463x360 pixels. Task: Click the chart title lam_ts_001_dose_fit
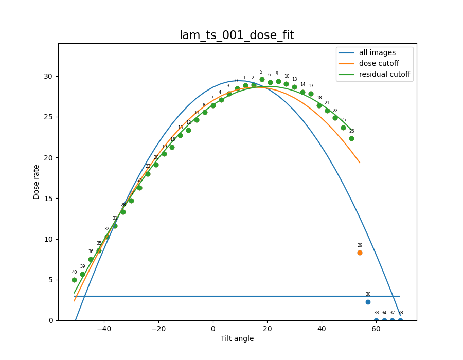point(237,35)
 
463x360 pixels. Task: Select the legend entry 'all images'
point(377,52)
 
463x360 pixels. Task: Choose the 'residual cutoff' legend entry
point(384,74)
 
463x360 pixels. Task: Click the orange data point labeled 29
point(360,253)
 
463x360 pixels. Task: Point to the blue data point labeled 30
point(368,302)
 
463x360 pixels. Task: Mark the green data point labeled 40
point(74,280)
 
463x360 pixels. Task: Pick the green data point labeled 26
point(351,138)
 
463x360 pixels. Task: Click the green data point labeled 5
point(262,79)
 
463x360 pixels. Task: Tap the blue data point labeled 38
point(400,320)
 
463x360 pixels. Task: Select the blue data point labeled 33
point(376,320)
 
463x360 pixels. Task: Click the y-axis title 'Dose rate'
point(37,182)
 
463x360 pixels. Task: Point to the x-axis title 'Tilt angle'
point(237,338)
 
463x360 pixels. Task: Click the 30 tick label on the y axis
point(48,76)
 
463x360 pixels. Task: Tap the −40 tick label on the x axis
point(104,329)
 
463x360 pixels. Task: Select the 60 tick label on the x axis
point(376,329)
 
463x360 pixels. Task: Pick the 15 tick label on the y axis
point(48,199)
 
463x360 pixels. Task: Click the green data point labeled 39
point(82,274)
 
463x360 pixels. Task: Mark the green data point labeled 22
point(335,118)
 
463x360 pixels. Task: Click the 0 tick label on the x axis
point(213,329)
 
